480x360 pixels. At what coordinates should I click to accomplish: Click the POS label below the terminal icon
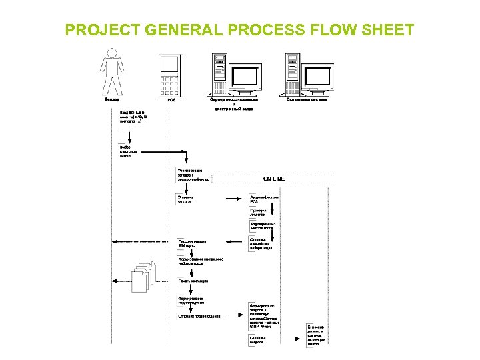point(171,100)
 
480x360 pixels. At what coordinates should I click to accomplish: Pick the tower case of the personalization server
point(219,73)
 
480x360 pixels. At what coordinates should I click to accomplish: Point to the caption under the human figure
point(113,100)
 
